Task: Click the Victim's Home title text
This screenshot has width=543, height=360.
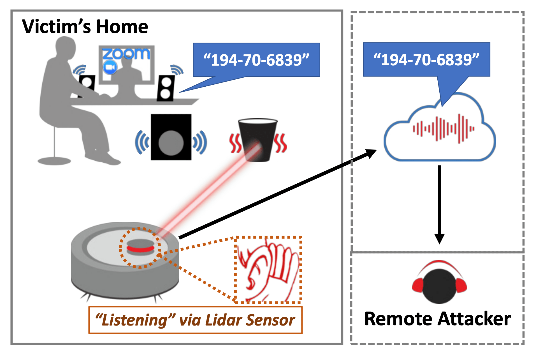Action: (x=85, y=27)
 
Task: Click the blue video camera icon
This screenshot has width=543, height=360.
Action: (x=110, y=68)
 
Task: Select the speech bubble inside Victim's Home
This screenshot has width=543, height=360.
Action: (x=256, y=60)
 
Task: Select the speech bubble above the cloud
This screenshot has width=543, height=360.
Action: (x=426, y=59)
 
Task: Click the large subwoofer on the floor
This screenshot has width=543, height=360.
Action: (x=171, y=137)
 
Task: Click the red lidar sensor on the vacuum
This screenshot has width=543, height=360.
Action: (x=140, y=248)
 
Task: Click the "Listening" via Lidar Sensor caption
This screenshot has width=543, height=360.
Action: (x=195, y=320)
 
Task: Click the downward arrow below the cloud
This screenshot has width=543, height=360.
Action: (x=439, y=205)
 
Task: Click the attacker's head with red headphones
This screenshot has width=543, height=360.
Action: (x=439, y=285)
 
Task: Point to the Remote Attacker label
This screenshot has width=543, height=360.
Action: (x=437, y=319)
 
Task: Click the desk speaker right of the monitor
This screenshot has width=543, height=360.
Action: (x=166, y=88)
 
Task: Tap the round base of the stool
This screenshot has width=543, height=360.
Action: (x=54, y=161)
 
